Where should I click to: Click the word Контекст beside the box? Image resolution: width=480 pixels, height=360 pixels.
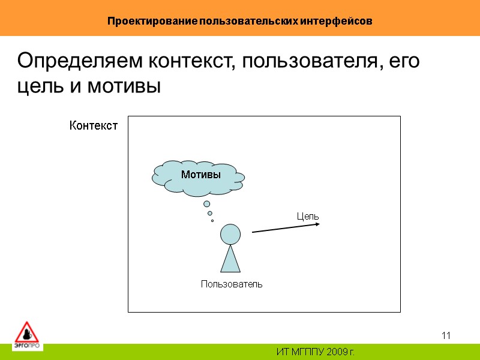(x=94, y=126)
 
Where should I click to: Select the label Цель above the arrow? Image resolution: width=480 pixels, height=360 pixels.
(x=308, y=216)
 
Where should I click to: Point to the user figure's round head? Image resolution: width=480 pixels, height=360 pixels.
(x=230, y=234)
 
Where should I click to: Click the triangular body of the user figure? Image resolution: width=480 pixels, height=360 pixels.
(x=230, y=260)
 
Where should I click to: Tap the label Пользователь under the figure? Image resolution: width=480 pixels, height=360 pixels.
(x=232, y=284)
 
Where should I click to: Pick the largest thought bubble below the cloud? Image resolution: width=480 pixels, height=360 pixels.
(x=206, y=204)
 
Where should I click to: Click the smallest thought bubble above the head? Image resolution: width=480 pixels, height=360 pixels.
(x=212, y=220)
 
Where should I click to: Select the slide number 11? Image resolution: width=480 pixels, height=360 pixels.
(x=446, y=335)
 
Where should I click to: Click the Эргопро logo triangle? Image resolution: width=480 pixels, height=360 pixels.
(x=26, y=334)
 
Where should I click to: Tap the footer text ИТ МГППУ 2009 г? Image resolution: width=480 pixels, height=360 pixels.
(x=315, y=350)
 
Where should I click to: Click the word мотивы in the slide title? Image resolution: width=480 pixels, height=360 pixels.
(x=124, y=86)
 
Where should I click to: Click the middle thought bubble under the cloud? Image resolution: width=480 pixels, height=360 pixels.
(x=209, y=213)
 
